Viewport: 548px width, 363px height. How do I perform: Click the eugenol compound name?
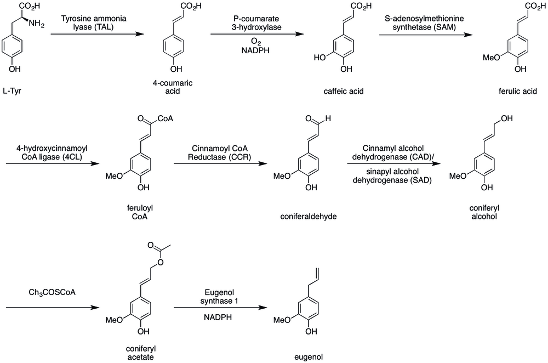point(307,356)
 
